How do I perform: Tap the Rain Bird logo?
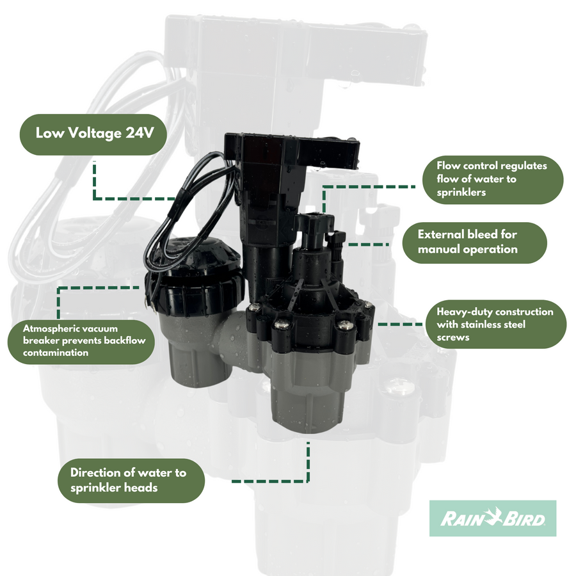click(492, 518)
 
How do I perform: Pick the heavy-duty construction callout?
click(495, 324)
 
